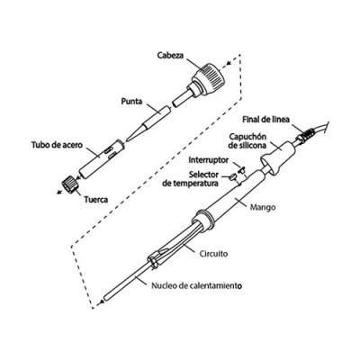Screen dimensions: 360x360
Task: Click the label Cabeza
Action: click(170, 56)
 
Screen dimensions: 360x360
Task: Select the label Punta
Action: click(131, 101)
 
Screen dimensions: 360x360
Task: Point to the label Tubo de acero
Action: click(57, 145)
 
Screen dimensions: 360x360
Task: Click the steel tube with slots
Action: click(101, 158)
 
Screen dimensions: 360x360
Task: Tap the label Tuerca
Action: click(96, 200)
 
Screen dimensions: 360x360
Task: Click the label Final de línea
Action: click(266, 120)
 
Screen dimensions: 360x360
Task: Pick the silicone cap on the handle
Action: click(278, 156)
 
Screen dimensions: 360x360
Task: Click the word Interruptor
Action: click(209, 160)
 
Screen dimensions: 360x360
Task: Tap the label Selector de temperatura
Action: click(191, 179)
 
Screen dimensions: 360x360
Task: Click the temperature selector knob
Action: click(233, 177)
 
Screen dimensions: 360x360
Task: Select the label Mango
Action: click(263, 207)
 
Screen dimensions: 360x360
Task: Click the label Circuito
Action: click(213, 254)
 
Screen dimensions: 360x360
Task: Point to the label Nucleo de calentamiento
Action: click(196, 286)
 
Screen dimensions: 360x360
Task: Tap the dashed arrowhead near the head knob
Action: click(229, 63)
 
